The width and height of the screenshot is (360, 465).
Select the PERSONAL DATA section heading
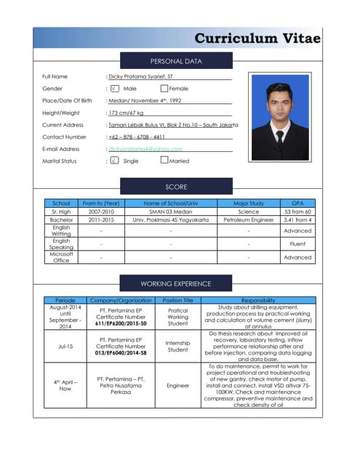pyautogui.click(x=176, y=61)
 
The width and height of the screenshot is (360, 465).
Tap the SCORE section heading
pyautogui.click(x=176, y=187)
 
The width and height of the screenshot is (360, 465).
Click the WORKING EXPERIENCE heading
pyautogui.click(x=176, y=283)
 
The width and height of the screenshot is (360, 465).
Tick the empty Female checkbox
pyautogui.click(x=164, y=89)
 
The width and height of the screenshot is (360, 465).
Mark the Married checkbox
pyautogui.click(x=164, y=161)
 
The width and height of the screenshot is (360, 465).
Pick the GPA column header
pyautogui.click(x=297, y=203)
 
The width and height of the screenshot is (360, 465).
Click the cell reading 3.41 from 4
pyautogui.click(x=297, y=219)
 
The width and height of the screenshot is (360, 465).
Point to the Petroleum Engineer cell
pyautogui.click(x=248, y=219)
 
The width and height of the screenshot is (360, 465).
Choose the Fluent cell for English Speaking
pyautogui.click(x=297, y=244)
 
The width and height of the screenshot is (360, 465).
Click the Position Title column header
pyautogui.click(x=177, y=300)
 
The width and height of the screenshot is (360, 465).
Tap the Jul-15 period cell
pyautogui.click(x=60, y=347)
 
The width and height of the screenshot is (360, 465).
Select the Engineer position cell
pyautogui.click(x=177, y=386)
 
